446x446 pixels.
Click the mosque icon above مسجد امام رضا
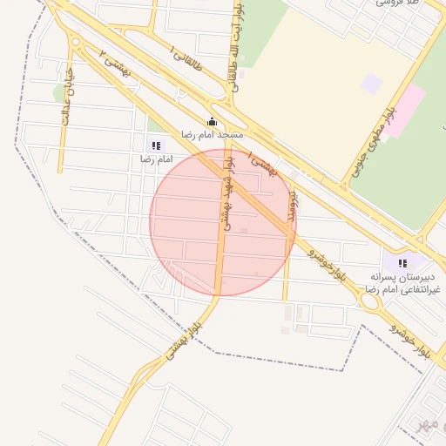pos(212,122)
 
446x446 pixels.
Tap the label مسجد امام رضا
pos(213,135)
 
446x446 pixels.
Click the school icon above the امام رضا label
pos(155,145)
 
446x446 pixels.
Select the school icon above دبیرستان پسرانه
pos(402,262)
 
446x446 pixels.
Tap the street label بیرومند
pos(294,204)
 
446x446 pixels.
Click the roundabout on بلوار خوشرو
pos(370,302)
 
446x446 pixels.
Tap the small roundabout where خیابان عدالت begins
pos(77,41)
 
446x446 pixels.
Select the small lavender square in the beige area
pos(372,84)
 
